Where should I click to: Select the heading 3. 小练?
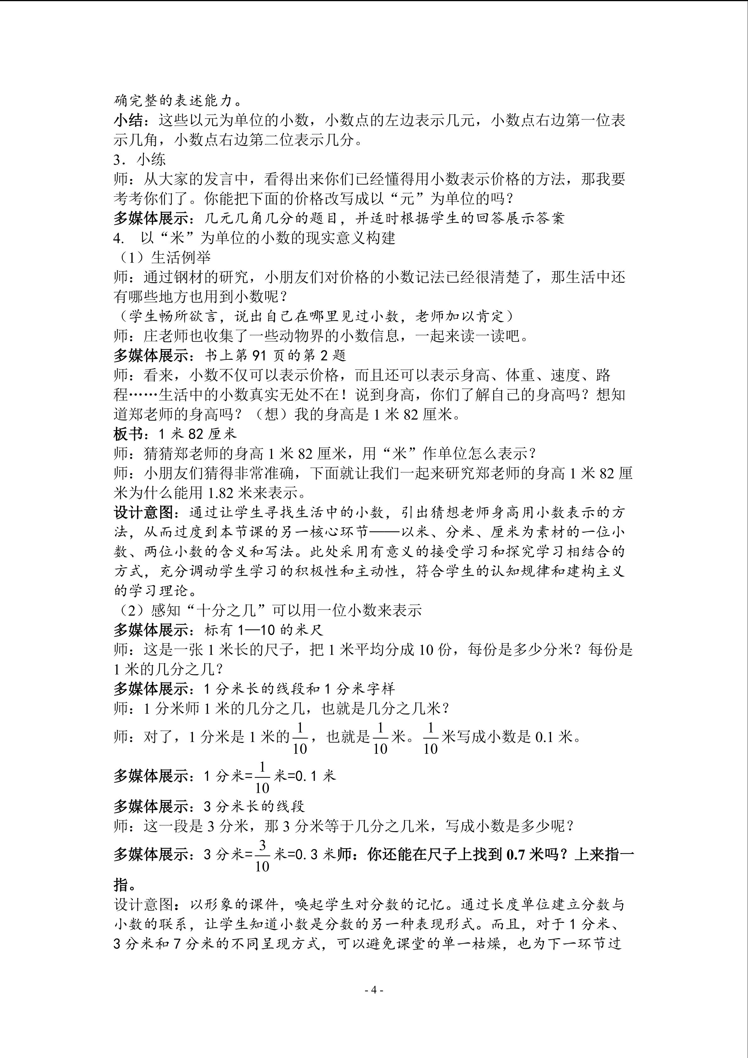(139, 160)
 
